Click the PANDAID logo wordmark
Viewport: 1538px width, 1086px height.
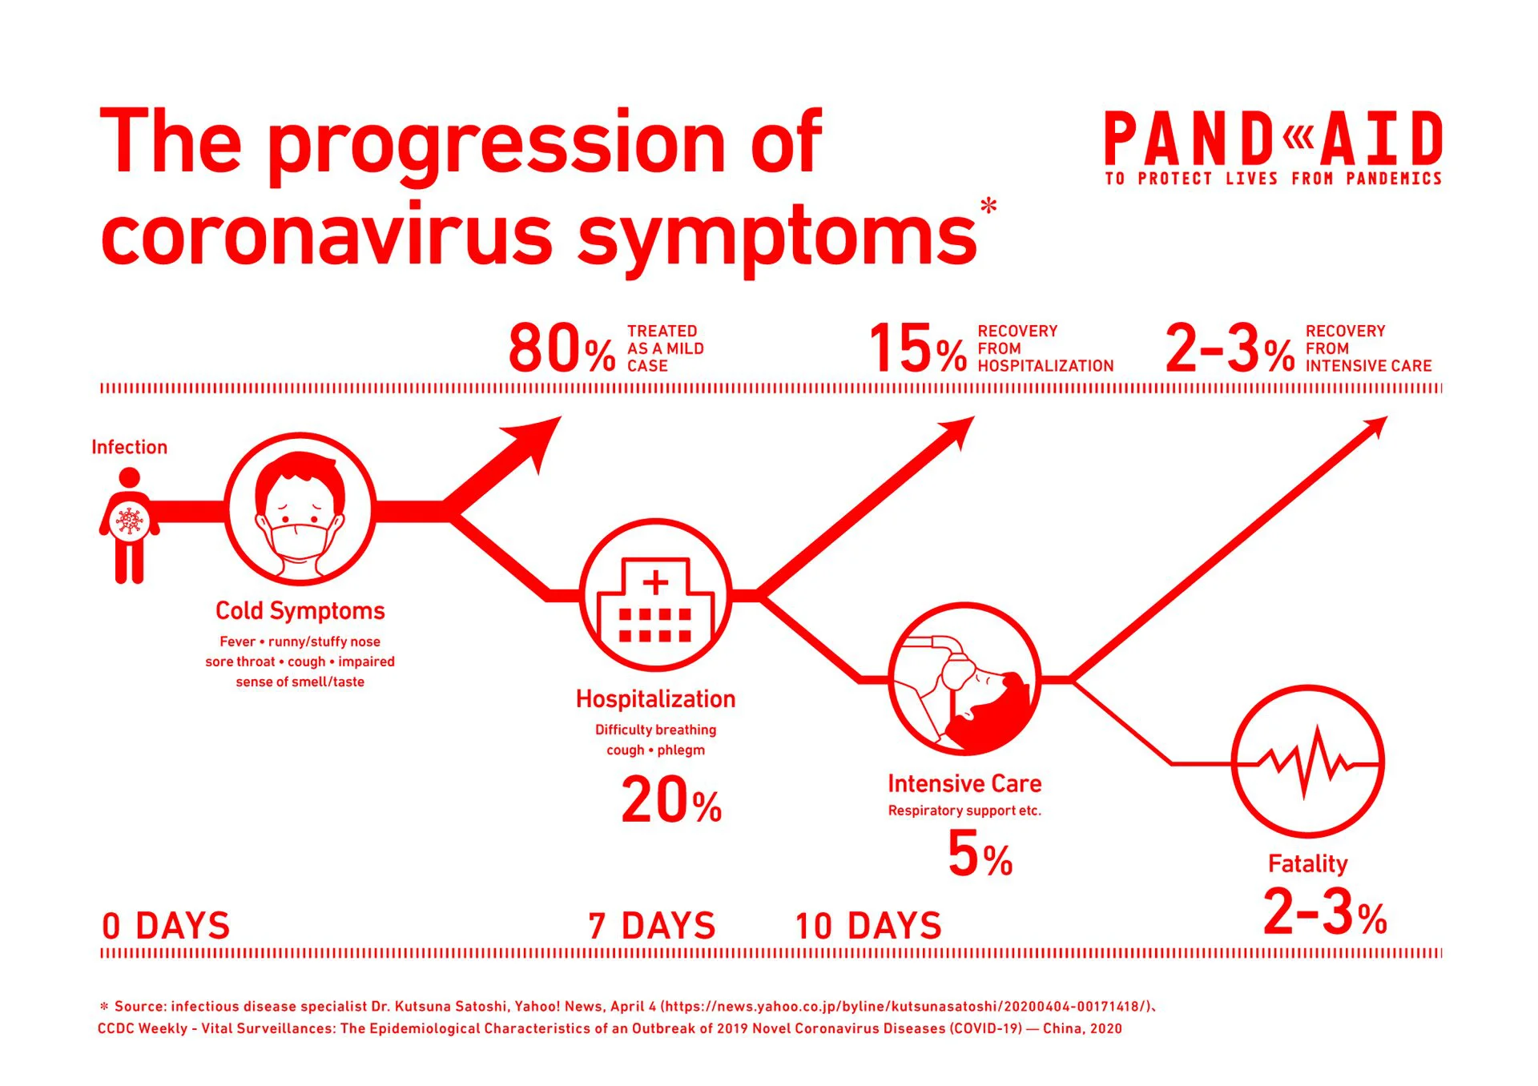pyautogui.click(x=1274, y=139)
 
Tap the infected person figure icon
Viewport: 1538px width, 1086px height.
pyautogui.click(x=129, y=525)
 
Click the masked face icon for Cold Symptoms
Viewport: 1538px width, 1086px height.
pyautogui.click(x=300, y=509)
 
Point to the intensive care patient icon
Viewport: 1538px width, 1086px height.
pyautogui.click(x=964, y=679)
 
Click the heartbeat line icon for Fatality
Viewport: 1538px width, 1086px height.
pyautogui.click(x=1307, y=762)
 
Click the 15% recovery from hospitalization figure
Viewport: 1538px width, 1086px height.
pyautogui.click(x=919, y=348)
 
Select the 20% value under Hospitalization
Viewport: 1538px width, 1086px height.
pyautogui.click(x=671, y=800)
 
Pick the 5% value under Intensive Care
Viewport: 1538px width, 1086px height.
pyautogui.click(x=980, y=854)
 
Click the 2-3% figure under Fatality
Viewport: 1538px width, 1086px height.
pyautogui.click(x=1325, y=912)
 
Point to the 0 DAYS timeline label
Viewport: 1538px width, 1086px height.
pyautogui.click(x=166, y=926)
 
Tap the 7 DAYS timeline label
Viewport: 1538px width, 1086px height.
pyautogui.click(x=651, y=926)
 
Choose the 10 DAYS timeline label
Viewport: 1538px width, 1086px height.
pyautogui.click(x=868, y=926)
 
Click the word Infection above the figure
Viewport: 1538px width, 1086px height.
pyautogui.click(x=129, y=447)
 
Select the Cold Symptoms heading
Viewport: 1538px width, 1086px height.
pyautogui.click(x=300, y=611)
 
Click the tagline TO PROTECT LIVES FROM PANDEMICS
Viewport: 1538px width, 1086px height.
pyautogui.click(x=1274, y=179)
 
